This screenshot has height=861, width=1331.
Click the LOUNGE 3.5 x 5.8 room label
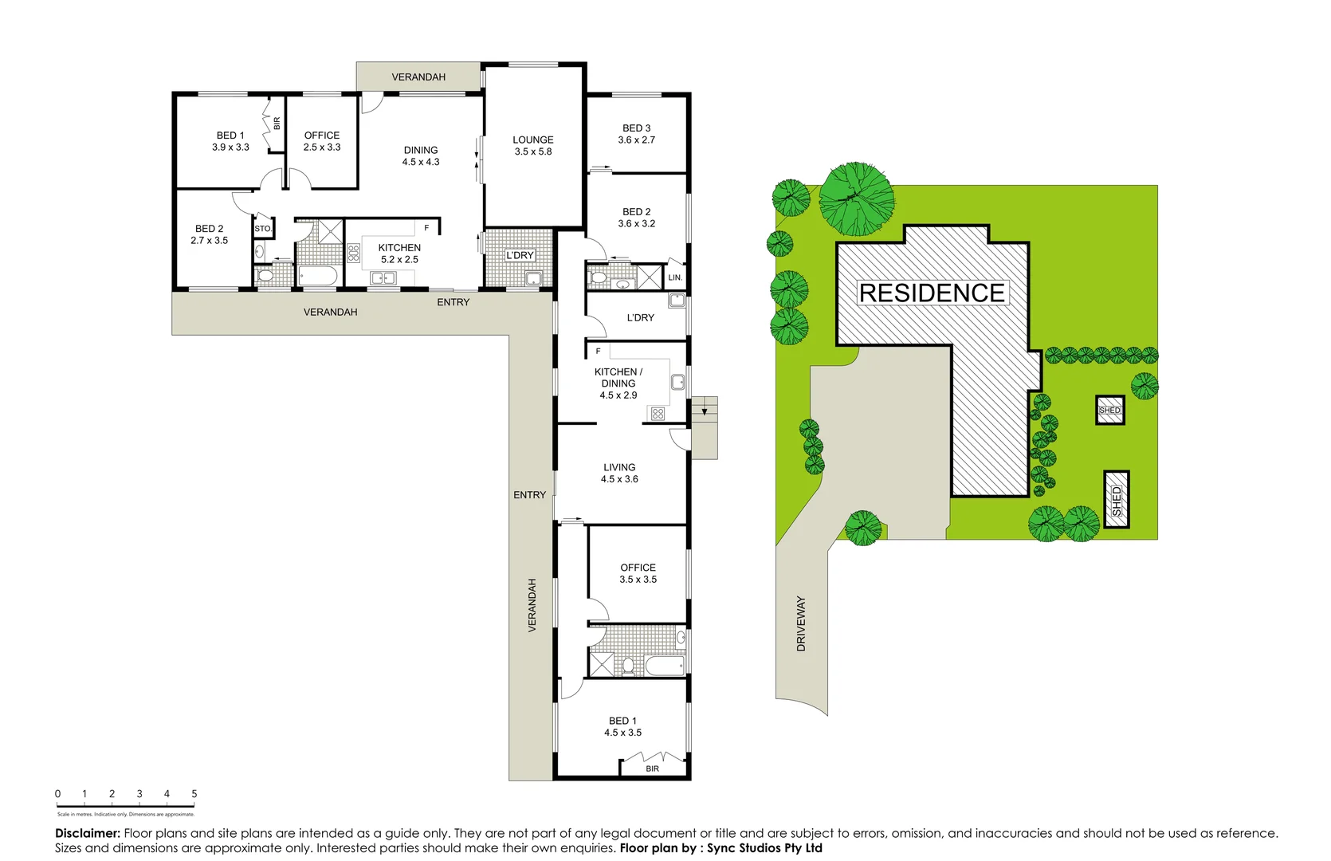click(x=532, y=145)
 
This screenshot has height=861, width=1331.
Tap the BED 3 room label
click(x=636, y=133)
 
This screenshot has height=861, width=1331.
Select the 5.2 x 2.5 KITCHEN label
click(x=399, y=254)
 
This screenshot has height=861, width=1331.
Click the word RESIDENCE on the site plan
click(x=932, y=293)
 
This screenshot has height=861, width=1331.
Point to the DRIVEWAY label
click(x=801, y=623)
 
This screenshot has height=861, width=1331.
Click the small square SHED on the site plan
click(x=1109, y=410)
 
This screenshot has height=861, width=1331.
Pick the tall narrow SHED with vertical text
click(x=1116, y=500)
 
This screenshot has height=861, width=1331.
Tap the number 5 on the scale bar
click(x=194, y=794)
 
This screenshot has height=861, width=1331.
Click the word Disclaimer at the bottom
click(x=87, y=833)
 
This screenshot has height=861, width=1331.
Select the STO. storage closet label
click(x=263, y=229)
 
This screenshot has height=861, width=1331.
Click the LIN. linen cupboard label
click(x=675, y=277)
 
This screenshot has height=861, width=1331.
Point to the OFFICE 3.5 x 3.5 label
click(x=638, y=573)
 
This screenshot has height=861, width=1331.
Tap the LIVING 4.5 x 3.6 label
click(x=619, y=473)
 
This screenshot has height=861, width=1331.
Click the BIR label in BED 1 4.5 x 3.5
click(x=652, y=769)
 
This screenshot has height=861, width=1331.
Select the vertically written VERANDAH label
click(x=532, y=606)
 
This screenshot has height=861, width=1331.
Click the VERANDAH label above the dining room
click(x=418, y=77)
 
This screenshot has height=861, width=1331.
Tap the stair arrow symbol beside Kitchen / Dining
click(x=704, y=411)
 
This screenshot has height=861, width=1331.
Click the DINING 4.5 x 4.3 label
click(x=420, y=155)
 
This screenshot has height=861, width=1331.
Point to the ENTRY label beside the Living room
click(x=529, y=495)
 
